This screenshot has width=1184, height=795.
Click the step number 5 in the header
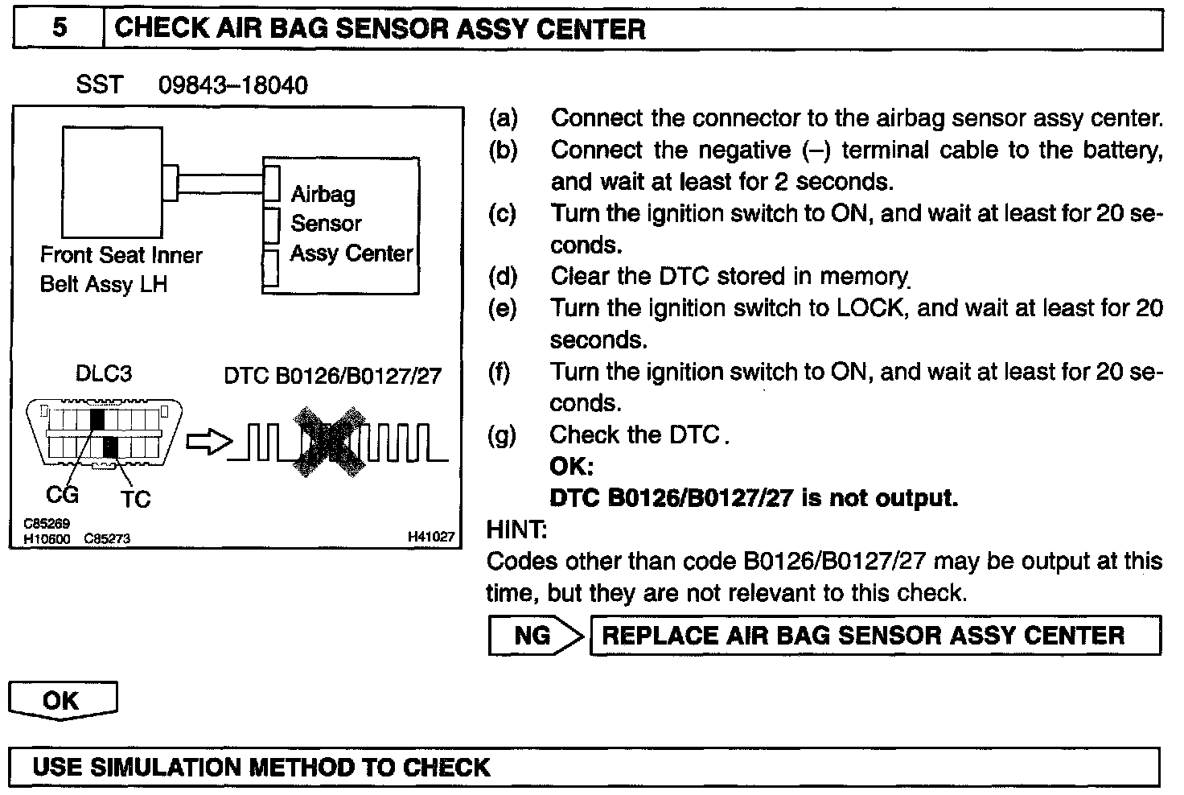click(x=60, y=29)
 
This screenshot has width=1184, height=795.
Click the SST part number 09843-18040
click(x=233, y=85)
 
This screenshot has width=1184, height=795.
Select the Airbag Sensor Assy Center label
click(x=351, y=224)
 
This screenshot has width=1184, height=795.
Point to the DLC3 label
click(x=103, y=374)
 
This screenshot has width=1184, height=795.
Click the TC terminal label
click(x=136, y=500)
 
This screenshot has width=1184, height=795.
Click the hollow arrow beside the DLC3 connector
click(x=208, y=443)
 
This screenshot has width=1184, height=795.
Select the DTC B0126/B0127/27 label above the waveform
click(x=332, y=376)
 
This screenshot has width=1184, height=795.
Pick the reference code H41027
click(x=431, y=537)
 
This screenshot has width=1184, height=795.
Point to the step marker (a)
click(x=504, y=119)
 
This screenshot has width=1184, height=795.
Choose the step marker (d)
click(x=504, y=277)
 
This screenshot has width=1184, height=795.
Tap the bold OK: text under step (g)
click(x=572, y=467)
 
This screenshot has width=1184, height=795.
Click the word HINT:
click(x=516, y=529)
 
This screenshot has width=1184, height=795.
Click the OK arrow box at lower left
click(x=62, y=700)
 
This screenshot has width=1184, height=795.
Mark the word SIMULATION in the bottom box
click(x=171, y=767)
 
